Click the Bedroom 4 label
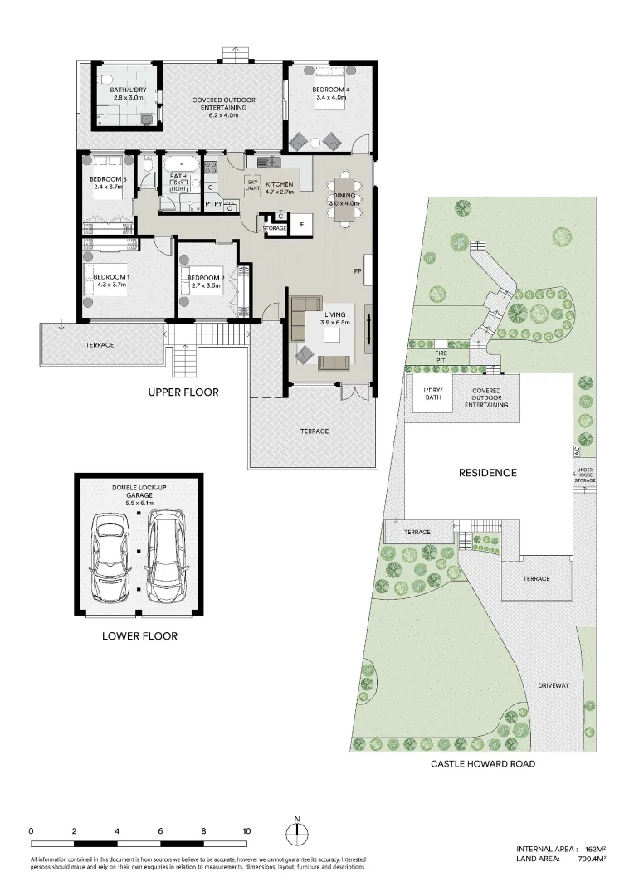coord(329,89)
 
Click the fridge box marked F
coord(300,224)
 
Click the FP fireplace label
coord(357,271)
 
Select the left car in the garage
coord(111,558)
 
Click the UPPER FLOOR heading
coord(183,392)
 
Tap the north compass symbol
coord(296,832)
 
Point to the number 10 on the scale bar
coord(246,830)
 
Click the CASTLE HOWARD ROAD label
coord(482,763)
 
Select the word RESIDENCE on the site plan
coord(488,473)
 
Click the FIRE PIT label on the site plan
coord(441,356)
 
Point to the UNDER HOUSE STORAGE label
coord(584,475)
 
